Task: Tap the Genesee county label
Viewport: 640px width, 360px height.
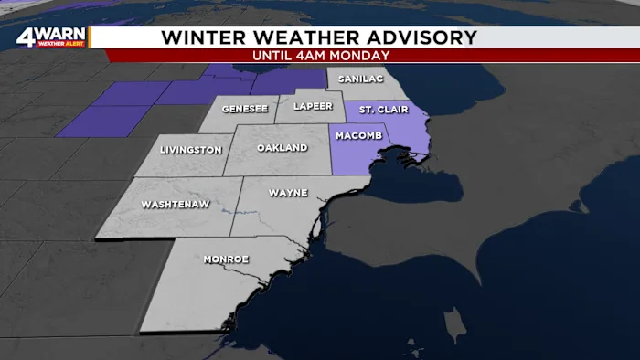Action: (244, 108)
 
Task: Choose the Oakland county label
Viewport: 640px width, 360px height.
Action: (278, 147)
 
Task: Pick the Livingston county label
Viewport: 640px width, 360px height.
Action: (190, 150)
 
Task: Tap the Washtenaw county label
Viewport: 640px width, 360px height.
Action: (171, 206)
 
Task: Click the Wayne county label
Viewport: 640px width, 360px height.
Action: (288, 193)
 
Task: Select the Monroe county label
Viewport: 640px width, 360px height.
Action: (225, 259)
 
